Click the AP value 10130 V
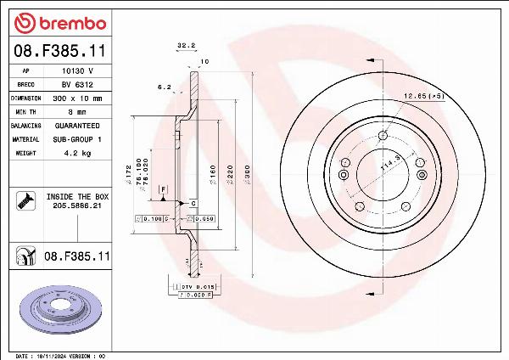[77, 71]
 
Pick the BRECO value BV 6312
[77, 85]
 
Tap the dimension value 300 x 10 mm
[77, 98]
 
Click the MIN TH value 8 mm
[77, 111]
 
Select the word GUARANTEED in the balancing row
[77, 125]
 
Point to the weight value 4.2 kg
[77, 153]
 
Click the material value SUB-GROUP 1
[77, 138]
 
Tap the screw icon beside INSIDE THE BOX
[24, 200]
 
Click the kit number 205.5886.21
[78, 205]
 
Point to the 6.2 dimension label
[164, 87]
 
